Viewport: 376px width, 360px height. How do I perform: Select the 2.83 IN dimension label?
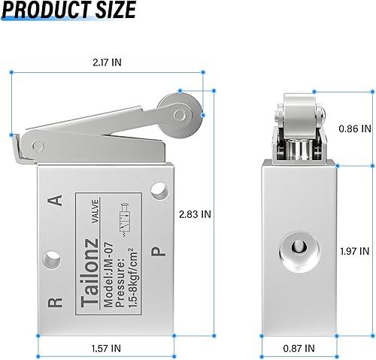(x=196, y=213)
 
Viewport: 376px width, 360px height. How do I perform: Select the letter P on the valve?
(x=157, y=252)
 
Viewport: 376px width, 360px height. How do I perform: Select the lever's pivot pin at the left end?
(x=35, y=145)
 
